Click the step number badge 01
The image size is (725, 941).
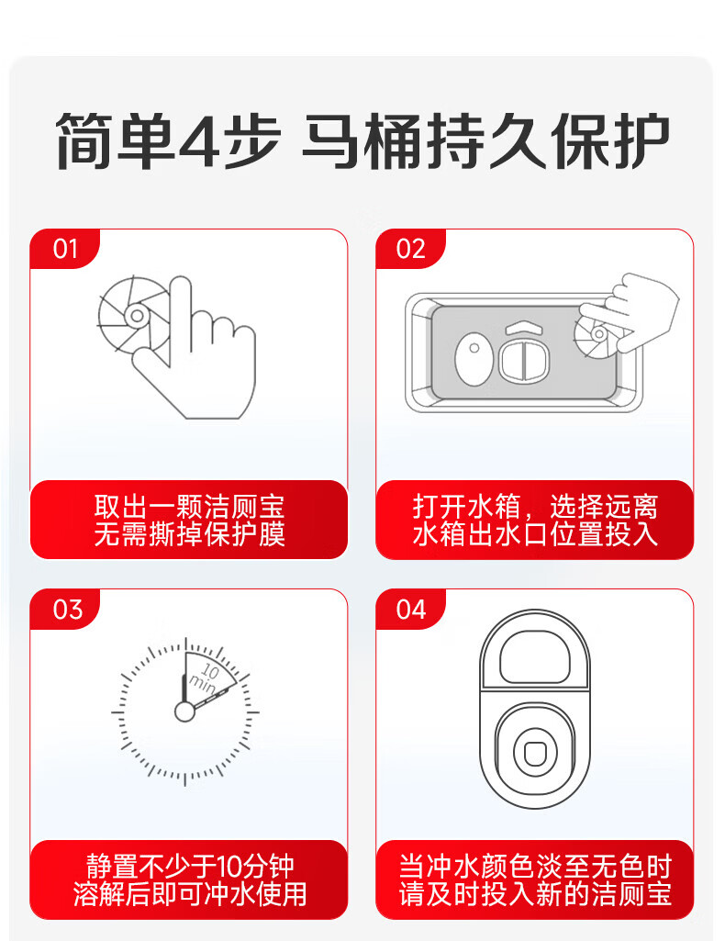(x=65, y=249)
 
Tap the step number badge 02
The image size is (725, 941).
(x=411, y=249)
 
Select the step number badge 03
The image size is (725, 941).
(x=66, y=610)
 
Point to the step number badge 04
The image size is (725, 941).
(x=411, y=610)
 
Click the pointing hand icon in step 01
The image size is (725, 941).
(x=195, y=348)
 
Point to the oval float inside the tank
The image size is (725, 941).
(x=474, y=359)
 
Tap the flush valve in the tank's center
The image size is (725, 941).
(x=524, y=359)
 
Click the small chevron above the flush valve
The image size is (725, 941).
(x=524, y=327)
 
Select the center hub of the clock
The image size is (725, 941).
(x=184, y=711)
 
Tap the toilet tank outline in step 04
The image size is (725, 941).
(x=535, y=655)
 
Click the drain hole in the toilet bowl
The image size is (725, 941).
(x=534, y=753)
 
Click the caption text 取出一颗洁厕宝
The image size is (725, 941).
(x=189, y=507)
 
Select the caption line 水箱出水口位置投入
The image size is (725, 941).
(x=535, y=534)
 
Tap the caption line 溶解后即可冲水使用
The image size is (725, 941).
(x=189, y=893)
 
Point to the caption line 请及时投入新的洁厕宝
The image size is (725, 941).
(x=535, y=893)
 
